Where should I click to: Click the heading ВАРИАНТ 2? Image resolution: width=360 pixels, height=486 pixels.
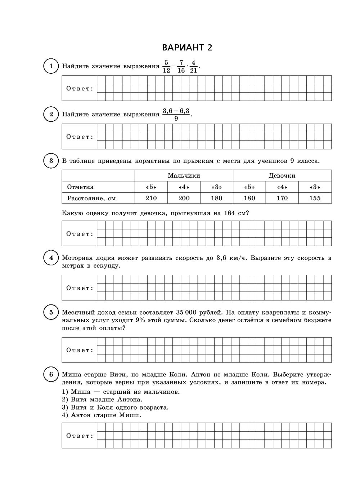[x=187, y=48]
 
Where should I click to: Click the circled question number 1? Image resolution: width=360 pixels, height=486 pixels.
[x=51, y=66]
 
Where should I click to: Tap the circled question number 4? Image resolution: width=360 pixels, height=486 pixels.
[x=51, y=258]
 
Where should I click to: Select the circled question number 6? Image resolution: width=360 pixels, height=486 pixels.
[x=51, y=375]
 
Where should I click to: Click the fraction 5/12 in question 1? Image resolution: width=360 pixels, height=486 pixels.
[x=166, y=67]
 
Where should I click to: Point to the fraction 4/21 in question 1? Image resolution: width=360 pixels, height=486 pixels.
[x=193, y=67]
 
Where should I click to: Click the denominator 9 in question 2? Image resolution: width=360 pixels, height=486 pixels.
[x=176, y=119]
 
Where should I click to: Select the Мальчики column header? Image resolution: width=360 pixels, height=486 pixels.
[x=184, y=176]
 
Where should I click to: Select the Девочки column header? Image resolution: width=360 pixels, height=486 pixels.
[x=282, y=176]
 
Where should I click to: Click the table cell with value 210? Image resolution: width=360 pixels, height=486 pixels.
[x=151, y=198]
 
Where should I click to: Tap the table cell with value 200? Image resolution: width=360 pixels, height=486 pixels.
[x=184, y=198]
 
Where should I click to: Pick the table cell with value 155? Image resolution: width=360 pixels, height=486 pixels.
[x=315, y=198]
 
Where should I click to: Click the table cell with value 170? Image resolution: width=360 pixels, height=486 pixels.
[x=282, y=198]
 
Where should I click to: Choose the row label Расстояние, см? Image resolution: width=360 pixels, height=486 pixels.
[x=91, y=198]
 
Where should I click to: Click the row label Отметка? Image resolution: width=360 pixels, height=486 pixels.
[x=80, y=187]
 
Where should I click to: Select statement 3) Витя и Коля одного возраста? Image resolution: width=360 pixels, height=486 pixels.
[x=115, y=407]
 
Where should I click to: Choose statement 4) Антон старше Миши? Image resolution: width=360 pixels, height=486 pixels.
[x=102, y=415]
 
